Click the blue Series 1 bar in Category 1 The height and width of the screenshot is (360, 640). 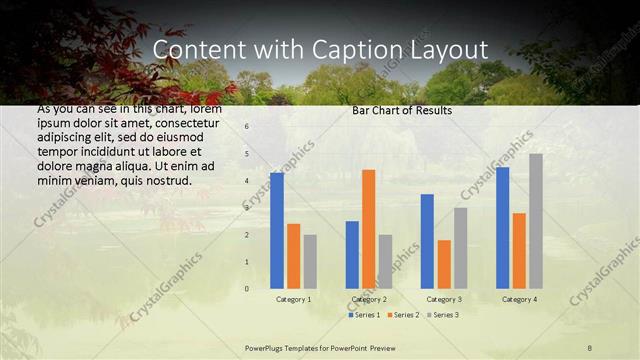276,231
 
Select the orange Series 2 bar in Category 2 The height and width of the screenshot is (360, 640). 368,229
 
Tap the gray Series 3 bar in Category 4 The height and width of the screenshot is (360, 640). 536,221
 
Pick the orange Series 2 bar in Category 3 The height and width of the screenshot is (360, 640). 444,264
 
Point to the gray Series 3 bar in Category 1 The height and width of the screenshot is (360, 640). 310,262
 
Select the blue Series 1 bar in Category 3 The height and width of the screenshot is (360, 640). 427,241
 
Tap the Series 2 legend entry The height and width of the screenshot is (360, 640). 403,315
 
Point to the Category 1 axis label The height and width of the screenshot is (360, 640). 293,299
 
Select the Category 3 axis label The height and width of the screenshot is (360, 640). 444,299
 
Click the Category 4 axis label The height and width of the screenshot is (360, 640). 519,299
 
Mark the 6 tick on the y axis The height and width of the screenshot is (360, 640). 246,127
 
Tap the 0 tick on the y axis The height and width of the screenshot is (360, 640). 246,289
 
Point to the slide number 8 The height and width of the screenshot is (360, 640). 589,347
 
